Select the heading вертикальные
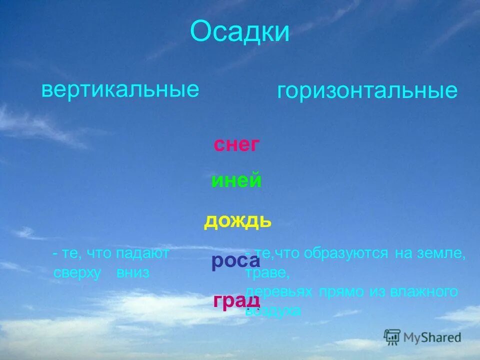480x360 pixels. click(x=120, y=90)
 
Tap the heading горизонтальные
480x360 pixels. click(x=367, y=91)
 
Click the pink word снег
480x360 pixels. click(x=236, y=145)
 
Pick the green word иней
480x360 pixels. click(x=236, y=180)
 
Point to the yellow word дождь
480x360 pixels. click(x=237, y=220)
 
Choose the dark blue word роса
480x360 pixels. click(x=235, y=260)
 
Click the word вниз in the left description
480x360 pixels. click(x=133, y=273)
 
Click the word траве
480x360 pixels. click(x=267, y=273)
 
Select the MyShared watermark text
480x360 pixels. click(x=431, y=337)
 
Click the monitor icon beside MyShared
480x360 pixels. click(x=392, y=336)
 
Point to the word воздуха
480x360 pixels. click(x=273, y=311)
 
